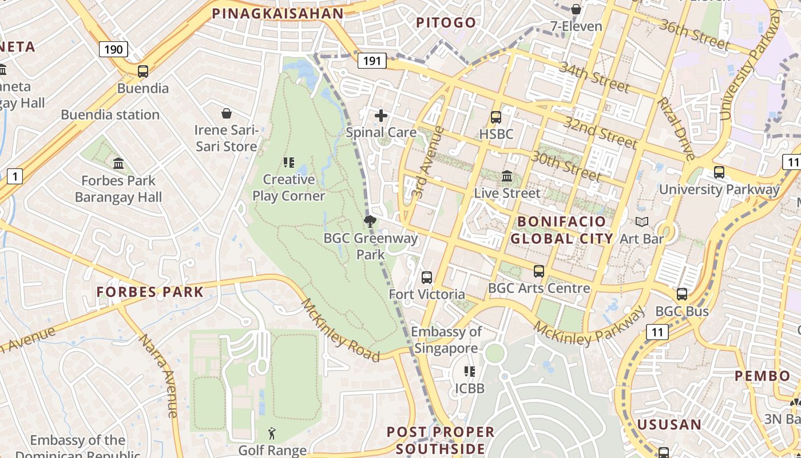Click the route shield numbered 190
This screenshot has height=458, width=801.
[x=113, y=49]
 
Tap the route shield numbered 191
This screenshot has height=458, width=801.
[x=372, y=60]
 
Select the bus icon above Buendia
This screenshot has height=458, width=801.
[x=143, y=72]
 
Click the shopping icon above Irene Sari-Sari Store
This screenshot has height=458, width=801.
[x=227, y=113]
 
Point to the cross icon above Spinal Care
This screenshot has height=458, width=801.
[x=381, y=116]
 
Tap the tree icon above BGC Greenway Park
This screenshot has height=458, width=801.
[x=370, y=222]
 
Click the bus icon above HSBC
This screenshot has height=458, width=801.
[x=496, y=117]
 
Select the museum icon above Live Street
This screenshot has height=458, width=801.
[x=507, y=176]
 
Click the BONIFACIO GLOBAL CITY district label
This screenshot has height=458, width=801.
[x=561, y=230]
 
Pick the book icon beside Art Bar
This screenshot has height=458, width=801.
[x=642, y=222]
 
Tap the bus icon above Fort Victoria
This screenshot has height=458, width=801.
[x=427, y=278]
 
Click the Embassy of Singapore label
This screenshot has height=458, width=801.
[x=446, y=340]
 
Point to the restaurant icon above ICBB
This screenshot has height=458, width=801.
[x=470, y=372]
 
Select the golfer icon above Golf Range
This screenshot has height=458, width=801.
[x=272, y=433]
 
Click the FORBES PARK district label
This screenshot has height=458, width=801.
[x=150, y=292]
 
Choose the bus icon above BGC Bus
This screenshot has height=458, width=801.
[x=682, y=294]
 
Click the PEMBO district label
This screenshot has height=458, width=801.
[x=762, y=376]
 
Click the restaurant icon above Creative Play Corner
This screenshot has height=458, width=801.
[x=289, y=163]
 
